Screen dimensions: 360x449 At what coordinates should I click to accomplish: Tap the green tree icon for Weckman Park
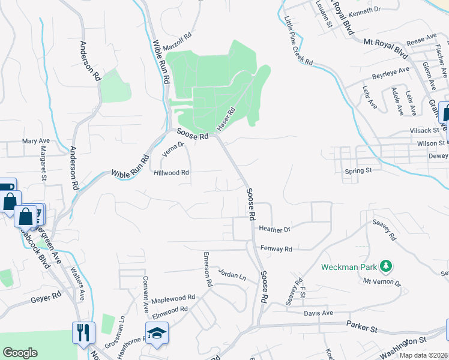tap(387, 266)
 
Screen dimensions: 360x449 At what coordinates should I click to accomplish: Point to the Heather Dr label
tap(275, 229)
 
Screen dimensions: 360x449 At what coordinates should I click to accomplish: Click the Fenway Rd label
tap(276, 248)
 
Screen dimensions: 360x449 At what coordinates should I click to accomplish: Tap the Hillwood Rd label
tap(172, 172)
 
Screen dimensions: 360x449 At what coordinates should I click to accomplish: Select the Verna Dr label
tap(173, 148)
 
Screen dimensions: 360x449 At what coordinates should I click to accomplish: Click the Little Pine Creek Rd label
tap(299, 41)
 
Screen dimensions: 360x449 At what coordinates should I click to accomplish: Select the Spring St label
tap(358, 170)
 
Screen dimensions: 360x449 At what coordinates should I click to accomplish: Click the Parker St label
tap(361, 326)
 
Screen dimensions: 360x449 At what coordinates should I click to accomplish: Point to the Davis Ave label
tap(318, 313)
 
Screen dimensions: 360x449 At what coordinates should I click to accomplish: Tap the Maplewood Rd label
tap(173, 298)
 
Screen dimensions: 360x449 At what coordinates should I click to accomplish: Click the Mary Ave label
tap(35, 141)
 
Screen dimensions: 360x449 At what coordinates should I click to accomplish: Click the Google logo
tap(20, 353)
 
